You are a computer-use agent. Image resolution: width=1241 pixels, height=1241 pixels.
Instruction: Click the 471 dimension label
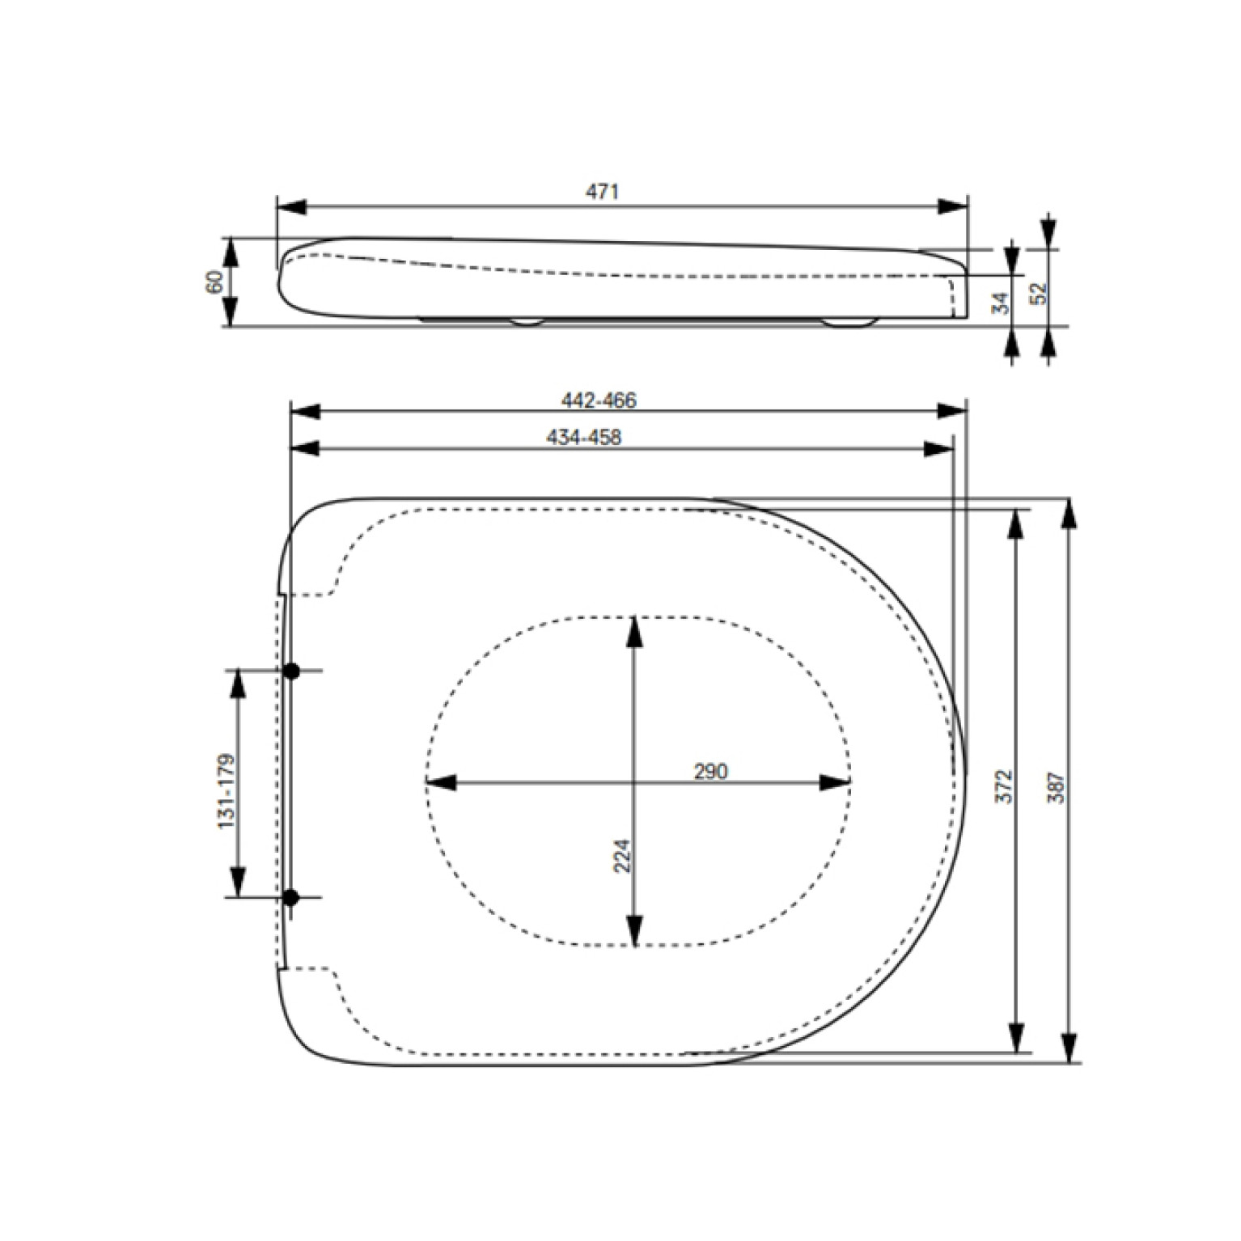(602, 192)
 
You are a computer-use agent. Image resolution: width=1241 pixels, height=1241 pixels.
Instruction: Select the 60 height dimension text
(215, 282)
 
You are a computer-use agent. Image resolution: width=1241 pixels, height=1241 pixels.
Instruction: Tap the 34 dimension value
(1001, 303)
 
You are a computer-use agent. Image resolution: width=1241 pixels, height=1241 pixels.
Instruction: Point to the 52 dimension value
(1038, 293)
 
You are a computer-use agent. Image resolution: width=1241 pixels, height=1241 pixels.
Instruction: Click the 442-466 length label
(599, 400)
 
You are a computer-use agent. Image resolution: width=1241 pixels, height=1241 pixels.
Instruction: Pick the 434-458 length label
(584, 438)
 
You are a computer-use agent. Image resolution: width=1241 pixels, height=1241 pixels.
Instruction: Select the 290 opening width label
(710, 772)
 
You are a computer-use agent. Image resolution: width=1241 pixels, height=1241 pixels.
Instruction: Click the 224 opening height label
(621, 856)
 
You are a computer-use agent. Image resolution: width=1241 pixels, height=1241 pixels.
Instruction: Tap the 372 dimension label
(1003, 786)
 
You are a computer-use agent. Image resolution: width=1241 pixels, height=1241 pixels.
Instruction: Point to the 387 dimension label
(1057, 787)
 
